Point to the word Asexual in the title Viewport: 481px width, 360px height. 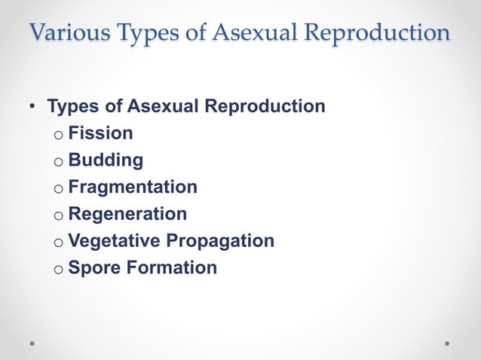click(248, 34)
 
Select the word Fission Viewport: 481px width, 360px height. click(100, 133)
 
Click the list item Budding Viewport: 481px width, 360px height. click(106, 160)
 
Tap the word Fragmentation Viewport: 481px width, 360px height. click(133, 187)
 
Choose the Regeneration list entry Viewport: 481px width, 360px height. click(127, 214)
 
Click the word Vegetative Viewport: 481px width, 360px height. click(114, 241)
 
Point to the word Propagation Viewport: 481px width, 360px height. click(220, 241)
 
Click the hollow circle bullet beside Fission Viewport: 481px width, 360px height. click(58, 135)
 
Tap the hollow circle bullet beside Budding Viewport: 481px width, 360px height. click(58, 162)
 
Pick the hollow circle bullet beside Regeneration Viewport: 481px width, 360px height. click(58, 215)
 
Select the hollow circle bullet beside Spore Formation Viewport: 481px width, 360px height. click(58, 269)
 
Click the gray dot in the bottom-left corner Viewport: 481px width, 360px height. click(32, 342)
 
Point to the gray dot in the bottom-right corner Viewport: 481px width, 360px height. click(447, 342)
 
